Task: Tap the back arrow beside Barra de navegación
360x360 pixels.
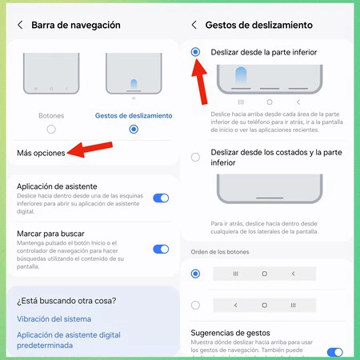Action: click(x=20, y=25)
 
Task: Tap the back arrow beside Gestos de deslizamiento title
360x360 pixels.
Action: click(x=194, y=25)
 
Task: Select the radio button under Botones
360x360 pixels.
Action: click(x=51, y=130)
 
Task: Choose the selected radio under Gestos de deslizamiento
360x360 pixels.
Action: click(x=134, y=130)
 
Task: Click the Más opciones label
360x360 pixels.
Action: click(x=41, y=153)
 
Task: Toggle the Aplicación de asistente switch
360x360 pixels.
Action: click(x=161, y=198)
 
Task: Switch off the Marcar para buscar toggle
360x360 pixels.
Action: click(x=161, y=249)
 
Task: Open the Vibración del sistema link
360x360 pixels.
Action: click(x=54, y=319)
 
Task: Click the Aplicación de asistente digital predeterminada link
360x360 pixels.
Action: click(x=69, y=340)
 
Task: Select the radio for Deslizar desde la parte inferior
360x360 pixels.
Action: click(x=195, y=52)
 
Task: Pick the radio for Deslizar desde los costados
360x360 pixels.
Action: click(x=195, y=157)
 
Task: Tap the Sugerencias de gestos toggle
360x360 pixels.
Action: click(x=335, y=352)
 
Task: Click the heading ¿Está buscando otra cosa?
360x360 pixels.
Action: click(x=66, y=301)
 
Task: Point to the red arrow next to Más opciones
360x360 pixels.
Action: click(x=90, y=150)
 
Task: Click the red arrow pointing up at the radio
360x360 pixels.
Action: click(x=200, y=82)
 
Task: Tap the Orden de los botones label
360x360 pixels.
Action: click(x=220, y=252)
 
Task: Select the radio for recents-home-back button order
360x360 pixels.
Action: click(x=195, y=274)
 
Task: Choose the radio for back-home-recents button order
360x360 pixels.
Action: click(x=195, y=305)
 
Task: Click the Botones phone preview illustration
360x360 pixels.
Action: click(x=51, y=74)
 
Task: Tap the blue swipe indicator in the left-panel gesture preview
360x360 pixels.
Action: click(x=134, y=84)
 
